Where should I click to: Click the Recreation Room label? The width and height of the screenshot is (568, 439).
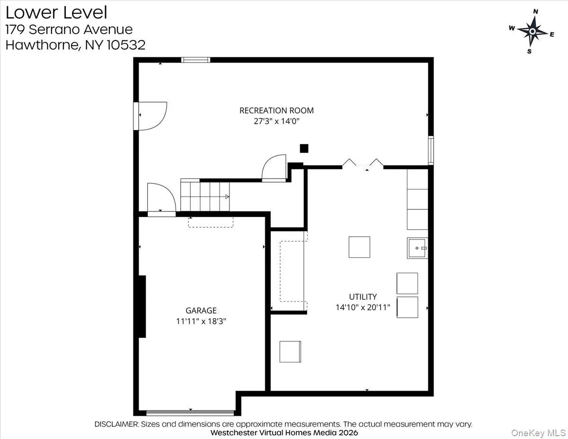coord(276,110)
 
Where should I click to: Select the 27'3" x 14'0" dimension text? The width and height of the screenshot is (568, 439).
coord(276,121)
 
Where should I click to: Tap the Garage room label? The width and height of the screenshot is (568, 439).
coord(201,311)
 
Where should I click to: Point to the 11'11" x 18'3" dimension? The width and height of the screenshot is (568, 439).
coord(201,321)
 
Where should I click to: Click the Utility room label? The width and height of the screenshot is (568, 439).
coord(363,297)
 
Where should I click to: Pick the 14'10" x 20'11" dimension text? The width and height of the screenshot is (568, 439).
coord(363,307)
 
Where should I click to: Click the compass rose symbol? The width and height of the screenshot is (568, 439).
coord(532,31)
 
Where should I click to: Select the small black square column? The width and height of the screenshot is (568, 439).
coord(304,148)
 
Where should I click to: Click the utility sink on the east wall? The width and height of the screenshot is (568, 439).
coord(417,248)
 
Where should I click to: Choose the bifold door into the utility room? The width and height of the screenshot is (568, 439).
coord(363,164)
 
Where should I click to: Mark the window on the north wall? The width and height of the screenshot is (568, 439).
coord(195,60)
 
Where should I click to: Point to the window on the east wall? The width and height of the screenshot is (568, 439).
coord(431,150)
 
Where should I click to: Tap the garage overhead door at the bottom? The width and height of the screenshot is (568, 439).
coord(190,412)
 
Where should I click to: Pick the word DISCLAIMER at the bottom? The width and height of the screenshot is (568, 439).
coord(116,424)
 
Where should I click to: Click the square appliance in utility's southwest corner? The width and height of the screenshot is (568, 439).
coord(290,351)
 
